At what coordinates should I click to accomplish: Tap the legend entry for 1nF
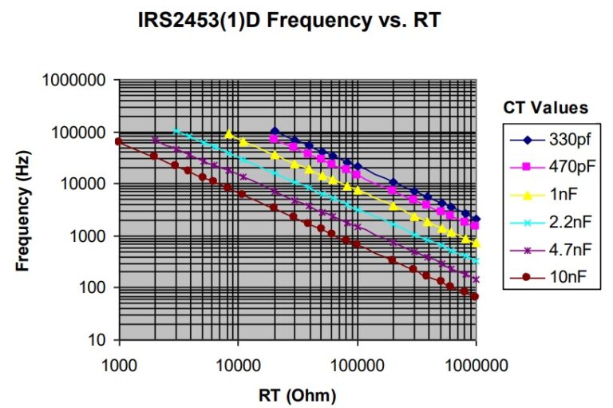560,194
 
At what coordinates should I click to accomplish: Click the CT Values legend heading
546,107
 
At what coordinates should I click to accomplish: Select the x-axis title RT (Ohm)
297,395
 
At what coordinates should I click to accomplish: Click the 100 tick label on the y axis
96,288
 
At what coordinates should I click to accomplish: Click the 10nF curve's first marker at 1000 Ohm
119,141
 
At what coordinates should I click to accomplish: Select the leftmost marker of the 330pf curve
275,131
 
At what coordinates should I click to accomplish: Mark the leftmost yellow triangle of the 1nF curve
229,133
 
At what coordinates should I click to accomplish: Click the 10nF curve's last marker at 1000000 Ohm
476,296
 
